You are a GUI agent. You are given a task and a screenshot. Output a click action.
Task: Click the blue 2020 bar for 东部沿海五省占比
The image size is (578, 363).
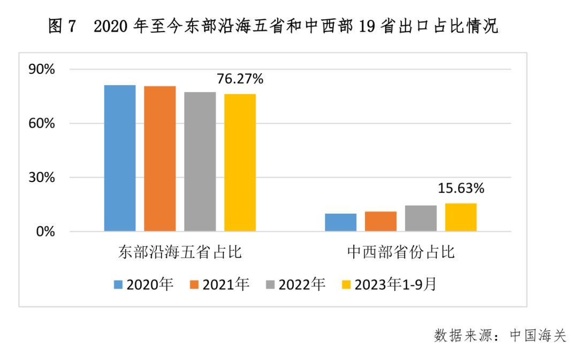click(x=120, y=158)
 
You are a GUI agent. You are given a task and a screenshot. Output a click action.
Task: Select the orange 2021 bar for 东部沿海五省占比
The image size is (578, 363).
click(x=160, y=158)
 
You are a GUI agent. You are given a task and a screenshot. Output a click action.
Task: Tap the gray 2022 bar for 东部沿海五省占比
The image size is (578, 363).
click(x=200, y=162)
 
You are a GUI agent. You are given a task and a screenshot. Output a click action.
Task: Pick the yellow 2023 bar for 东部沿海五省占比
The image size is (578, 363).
click(x=240, y=163)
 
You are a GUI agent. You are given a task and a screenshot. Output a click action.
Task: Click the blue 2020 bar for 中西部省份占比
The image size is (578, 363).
click(x=340, y=222)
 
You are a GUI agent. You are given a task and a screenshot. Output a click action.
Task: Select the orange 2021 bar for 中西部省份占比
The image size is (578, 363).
click(x=381, y=221)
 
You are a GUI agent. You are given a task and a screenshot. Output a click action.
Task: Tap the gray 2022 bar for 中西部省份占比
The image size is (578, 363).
click(x=421, y=218)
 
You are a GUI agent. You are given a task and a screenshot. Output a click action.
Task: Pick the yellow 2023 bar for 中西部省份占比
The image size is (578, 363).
click(x=461, y=217)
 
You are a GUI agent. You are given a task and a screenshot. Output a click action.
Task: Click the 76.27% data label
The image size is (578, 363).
click(x=240, y=79)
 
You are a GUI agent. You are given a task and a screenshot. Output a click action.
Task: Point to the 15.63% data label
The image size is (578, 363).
click(x=461, y=188)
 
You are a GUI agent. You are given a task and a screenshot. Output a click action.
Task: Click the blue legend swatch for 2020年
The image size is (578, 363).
click(x=118, y=284)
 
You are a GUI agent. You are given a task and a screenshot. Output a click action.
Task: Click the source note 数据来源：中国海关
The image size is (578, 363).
click(x=499, y=336)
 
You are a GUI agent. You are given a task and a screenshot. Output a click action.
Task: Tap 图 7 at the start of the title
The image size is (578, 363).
click(x=63, y=26)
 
